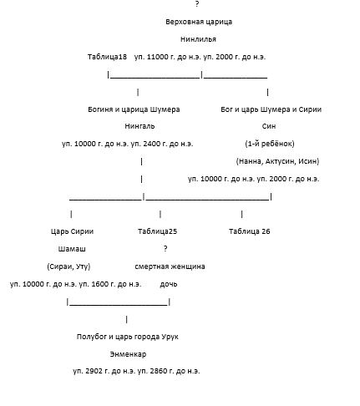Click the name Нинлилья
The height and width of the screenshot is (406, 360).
coord(198,39)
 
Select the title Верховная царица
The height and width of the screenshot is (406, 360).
coord(199,22)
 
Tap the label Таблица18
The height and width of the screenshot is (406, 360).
coord(107,57)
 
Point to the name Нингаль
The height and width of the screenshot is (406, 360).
coord(139,126)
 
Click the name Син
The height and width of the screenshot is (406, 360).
coord(269,126)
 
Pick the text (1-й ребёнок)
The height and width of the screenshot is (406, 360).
coord(270,144)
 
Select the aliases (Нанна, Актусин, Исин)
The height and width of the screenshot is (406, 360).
coord(277,161)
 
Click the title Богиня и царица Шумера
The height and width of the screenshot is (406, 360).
coord(134,109)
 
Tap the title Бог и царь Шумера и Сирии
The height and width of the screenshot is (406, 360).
coord(271,109)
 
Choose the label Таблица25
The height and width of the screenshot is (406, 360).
coord(157,231)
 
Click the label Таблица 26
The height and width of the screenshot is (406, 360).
coord(250,231)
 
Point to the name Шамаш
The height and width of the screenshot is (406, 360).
coord(72,249)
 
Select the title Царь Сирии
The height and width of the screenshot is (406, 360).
coord(72,231)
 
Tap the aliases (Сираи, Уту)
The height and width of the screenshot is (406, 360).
coord(68,266)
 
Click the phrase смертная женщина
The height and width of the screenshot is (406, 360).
coord(170,266)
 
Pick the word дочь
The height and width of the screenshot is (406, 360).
coord(169,284)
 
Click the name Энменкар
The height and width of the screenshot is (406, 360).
coord(128,354)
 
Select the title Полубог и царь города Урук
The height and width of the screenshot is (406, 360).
coord(128,337)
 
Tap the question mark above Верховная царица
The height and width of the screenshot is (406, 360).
coord(197,4)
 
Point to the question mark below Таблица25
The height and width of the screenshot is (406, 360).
coord(165,248)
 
